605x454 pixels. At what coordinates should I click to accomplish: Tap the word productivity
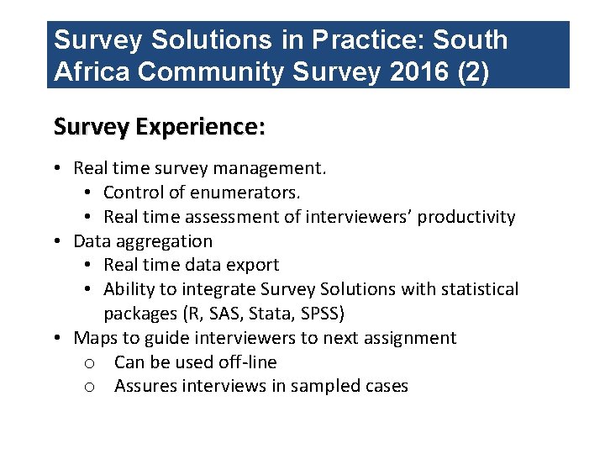(466, 217)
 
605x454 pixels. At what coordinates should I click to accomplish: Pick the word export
(254, 265)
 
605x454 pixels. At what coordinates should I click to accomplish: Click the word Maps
(95, 338)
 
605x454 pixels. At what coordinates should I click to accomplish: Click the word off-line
(245, 362)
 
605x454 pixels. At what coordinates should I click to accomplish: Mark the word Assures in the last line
(145, 387)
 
